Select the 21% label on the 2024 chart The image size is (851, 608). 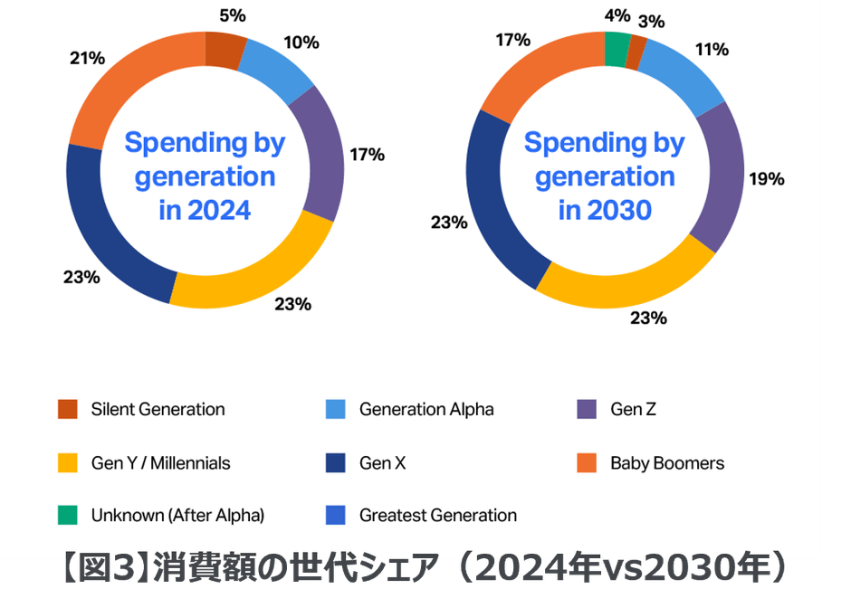tap(87, 58)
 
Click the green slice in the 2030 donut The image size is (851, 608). tap(617, 49)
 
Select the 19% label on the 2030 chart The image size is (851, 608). tap(766, 178)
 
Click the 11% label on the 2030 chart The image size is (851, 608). tap(712, 49)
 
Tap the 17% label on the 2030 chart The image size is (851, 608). tap(512, 40)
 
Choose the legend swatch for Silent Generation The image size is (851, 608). tap(67, 409)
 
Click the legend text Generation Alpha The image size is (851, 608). tap(426, 409)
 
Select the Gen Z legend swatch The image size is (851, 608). tap(587, 409)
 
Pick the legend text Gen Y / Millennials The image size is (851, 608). tap(160, 463)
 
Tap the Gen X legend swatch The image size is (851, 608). tap(335, 463)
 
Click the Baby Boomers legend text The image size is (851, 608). tap(667, 463)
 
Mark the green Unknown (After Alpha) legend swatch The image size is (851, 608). tap(67, 516)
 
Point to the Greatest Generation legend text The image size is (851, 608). tap(438, 516)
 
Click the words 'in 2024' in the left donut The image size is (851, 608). tap(205, 210)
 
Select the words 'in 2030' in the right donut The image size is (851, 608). tap(605, 210)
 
